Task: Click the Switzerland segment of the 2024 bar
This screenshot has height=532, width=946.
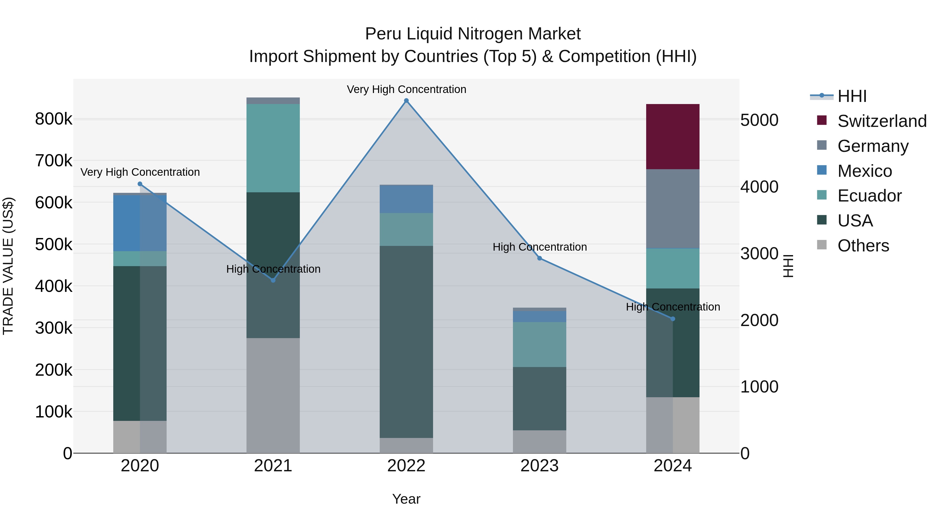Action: coord(672,137)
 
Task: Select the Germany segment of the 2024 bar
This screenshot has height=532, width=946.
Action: coord(672,209)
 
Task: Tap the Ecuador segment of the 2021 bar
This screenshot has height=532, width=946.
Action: coord(273,148)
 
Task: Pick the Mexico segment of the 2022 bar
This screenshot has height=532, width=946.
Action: coord(406,199)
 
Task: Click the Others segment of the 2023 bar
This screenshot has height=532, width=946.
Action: coord(539,441)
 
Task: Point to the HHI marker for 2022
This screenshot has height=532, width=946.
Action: coord(406,101)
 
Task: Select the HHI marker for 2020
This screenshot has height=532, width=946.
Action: coord(140,184)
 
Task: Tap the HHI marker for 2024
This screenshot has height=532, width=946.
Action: coord(673,319)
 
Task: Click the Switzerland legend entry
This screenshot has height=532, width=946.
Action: coord(881,121)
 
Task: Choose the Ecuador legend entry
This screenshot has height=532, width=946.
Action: coord(869,196)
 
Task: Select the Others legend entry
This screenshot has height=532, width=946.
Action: coord(863,246)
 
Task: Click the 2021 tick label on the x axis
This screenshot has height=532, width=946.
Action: coord(273,466)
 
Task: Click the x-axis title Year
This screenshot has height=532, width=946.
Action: coord(406,499)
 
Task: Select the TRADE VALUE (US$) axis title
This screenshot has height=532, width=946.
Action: coord(8,266)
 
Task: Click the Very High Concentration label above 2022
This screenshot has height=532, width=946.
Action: coord(406,89)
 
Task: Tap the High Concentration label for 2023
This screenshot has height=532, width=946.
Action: coord(539,247)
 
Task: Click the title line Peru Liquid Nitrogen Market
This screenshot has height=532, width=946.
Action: coord(473,34)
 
